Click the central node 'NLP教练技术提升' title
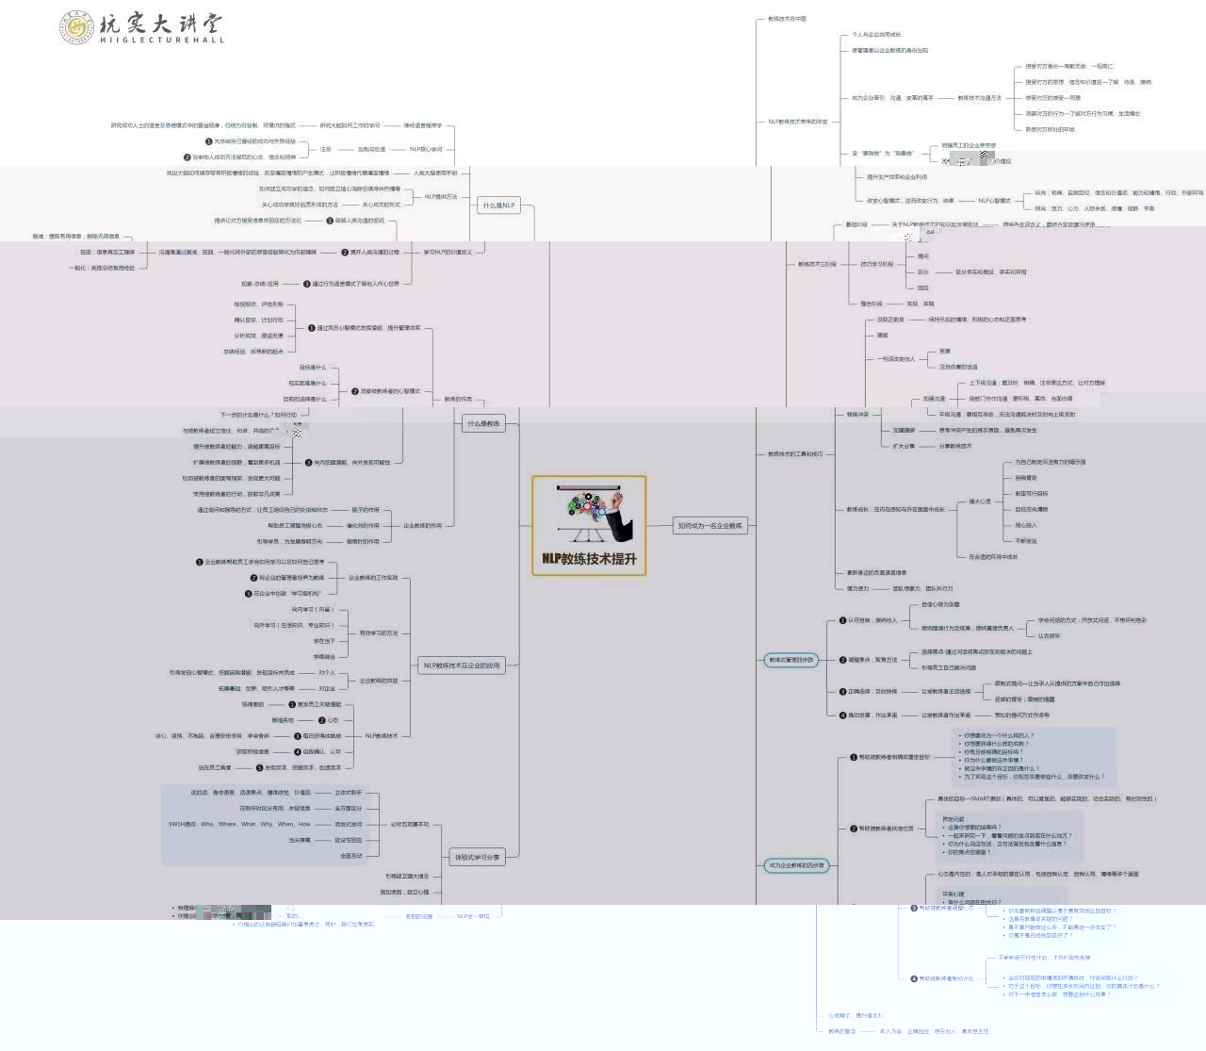(589, 558)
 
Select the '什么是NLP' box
(498, 205)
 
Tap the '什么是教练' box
(483, 423)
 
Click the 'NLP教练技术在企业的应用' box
(462, 665)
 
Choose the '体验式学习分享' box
(478, 857)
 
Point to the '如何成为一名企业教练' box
(710, 525)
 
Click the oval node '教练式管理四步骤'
(791, 660)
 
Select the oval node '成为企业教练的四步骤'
(796, 864)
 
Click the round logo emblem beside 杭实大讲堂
(76, 27)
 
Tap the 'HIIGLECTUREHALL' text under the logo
(162, 41)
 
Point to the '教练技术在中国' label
(787, 19)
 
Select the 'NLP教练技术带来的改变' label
(797, 122)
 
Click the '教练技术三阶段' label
(817, 264)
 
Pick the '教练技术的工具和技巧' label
(795, 453)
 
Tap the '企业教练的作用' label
(422, 525)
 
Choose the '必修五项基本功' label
(410, 824)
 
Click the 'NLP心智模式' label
(994, 200)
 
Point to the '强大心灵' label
(980, 501)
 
